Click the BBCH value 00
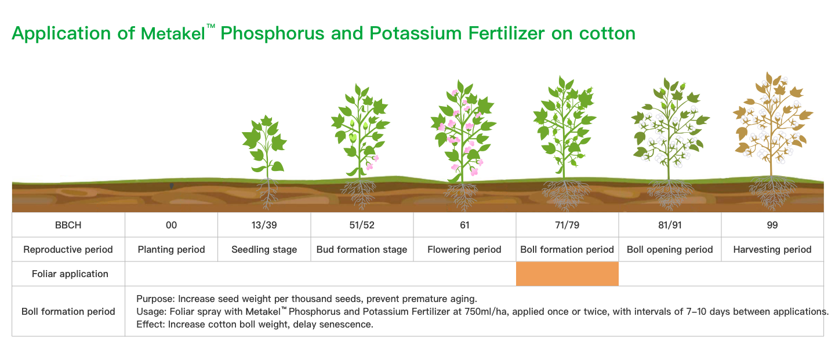point(171,225)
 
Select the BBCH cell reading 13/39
point(264,225)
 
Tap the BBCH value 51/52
point(362,225)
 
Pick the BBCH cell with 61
point(464,225)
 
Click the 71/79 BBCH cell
point(567,225)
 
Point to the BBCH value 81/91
point(670,225)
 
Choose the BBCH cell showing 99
point(772,225)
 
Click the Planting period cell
point(171,249)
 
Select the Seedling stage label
point(264,249)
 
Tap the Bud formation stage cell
point(362,249)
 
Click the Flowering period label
point(464,249)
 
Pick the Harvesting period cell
point(772,249)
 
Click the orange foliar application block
point(567,274)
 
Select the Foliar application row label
point(70,274)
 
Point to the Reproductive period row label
point(68,249)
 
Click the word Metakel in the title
point(173,34)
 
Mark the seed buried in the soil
point(172,186)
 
